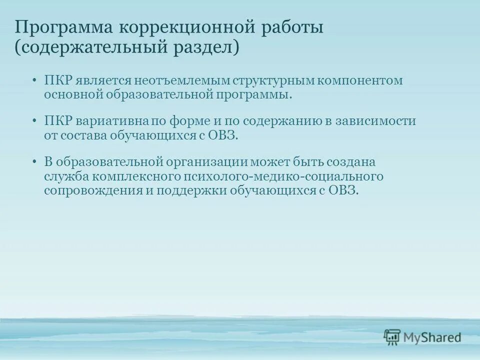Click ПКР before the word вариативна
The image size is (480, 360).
[58, 121]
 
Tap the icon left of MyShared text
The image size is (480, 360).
[392, 337]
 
